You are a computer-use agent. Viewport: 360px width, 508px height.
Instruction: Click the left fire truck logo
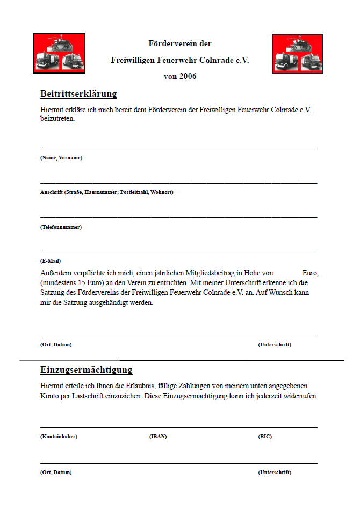59,53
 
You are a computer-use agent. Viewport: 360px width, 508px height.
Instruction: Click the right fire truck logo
297,54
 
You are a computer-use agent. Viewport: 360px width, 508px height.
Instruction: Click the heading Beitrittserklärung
78,94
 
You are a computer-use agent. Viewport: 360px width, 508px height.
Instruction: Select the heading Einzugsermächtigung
86,370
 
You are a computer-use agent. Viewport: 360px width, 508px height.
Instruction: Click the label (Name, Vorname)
61,158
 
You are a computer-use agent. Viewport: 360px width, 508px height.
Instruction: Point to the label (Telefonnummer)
61,227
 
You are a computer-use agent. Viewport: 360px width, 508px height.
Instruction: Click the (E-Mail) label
51,261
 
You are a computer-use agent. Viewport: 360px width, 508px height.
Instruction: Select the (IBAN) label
158,437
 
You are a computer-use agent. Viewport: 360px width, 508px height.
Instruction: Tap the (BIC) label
265,437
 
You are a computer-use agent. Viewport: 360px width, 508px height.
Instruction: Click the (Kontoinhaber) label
59,437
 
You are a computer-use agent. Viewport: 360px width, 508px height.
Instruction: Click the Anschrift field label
106,192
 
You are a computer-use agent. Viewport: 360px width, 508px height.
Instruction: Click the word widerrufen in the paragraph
299,396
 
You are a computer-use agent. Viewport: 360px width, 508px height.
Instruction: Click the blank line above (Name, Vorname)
178,148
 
